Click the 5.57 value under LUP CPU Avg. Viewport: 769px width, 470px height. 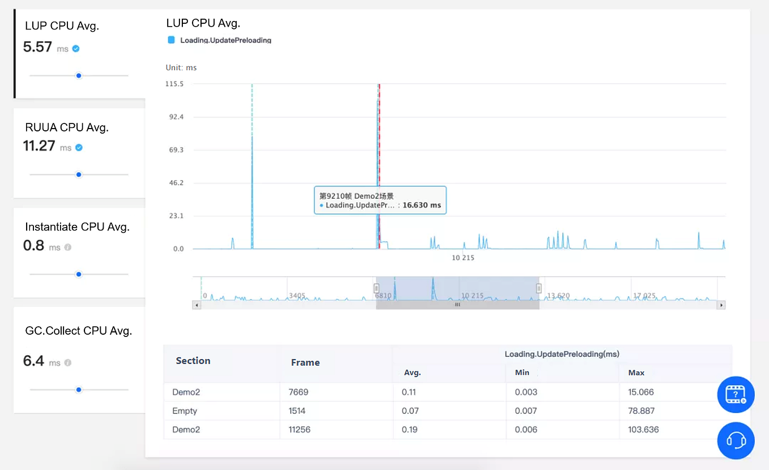[x=37, y=47]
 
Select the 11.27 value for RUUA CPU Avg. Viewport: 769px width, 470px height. [x=39, y=146]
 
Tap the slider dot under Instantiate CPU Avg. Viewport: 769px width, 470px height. [x=79, y=274]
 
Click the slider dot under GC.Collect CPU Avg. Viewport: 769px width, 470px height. [x=79, y=390]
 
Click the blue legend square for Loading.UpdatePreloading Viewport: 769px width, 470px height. [x=171, y=40]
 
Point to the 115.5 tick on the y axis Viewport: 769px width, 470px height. [x=174, y=84]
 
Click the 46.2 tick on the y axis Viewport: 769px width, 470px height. [x=174, y=183]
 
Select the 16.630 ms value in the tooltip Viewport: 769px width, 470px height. [x=421, y=206]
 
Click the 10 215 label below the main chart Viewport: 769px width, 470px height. [x=463, y=258]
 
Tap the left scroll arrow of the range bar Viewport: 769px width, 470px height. [x=197, y=305]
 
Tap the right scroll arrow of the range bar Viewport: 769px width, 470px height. [x=721, y=305]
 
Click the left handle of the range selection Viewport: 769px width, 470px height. [x=376, y=288]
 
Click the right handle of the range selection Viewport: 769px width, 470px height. [x=539, y=288]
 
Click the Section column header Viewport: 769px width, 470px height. [x=193, y=361]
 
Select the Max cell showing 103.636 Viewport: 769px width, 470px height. [x=643, y=430]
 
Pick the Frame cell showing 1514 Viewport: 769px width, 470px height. [x=298, y=411]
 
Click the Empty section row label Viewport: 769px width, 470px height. [x=185, y=411]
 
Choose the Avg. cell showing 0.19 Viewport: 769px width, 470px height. [x=409, y=430]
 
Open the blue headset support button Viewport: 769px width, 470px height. [x=736, y=441]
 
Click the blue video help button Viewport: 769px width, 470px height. [x=736, y=394]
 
